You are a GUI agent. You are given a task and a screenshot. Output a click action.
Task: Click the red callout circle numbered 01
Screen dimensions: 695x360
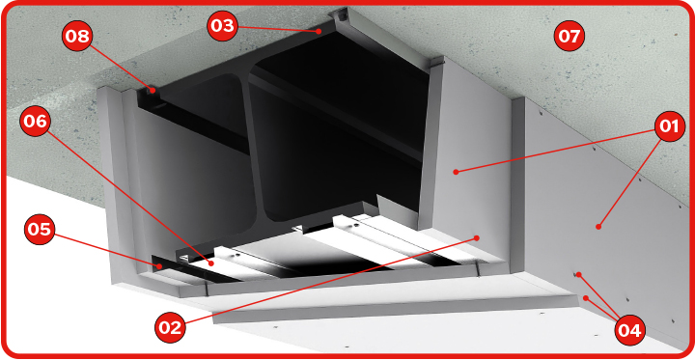669,126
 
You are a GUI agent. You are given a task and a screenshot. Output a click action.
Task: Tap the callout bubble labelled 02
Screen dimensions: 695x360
170,327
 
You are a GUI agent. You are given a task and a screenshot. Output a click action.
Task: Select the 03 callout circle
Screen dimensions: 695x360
222,26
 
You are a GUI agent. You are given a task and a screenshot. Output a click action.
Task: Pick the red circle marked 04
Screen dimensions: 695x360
630,330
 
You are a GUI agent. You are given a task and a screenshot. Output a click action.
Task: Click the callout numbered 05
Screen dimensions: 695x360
40,229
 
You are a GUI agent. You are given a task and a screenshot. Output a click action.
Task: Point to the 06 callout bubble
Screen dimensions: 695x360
35,121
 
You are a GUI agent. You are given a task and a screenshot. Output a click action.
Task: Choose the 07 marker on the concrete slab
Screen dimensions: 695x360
570,37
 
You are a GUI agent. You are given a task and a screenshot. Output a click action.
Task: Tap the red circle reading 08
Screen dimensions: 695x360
77,36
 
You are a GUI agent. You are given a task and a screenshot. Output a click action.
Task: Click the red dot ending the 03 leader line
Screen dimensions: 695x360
319,31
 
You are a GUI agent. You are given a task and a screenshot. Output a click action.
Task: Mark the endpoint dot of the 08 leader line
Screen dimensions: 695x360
153,90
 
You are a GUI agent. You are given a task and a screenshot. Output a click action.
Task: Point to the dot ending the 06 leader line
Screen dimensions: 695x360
211,263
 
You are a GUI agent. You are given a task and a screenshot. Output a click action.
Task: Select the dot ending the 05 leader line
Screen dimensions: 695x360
158,266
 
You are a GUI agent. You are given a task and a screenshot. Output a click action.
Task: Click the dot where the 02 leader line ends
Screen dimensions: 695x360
477,237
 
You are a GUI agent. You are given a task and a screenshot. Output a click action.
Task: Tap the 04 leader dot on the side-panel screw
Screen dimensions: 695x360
578,275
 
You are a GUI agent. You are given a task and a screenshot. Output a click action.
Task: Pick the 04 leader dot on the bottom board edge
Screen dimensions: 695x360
586,298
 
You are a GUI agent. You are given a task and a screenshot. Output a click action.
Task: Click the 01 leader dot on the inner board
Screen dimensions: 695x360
456,172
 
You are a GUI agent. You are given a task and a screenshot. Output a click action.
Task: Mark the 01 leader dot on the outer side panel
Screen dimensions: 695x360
598,227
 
